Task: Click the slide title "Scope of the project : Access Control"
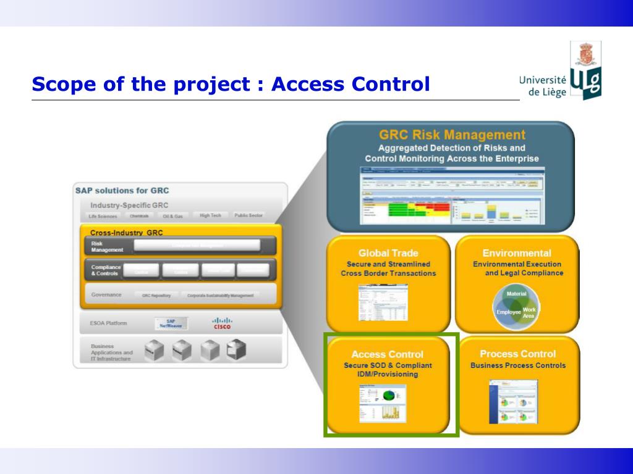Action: point(231,84)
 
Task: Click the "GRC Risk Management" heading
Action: point(452,135)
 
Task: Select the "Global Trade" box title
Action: point(388,253)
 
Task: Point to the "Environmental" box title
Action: point(517,253)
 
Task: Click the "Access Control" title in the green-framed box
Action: point(388,354)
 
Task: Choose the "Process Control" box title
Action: point(517,354)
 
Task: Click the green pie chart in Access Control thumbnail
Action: point(389,394)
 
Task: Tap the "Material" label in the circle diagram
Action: point(517,294)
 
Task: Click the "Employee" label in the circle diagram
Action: point(509,312)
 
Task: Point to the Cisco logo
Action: point(222,323)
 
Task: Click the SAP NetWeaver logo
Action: point(171,323)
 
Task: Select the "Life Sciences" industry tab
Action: point(103,217)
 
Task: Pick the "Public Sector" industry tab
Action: point(249,216)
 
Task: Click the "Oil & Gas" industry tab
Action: point(173,217)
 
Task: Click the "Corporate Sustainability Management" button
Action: point(220,296)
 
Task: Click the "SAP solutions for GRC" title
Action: point(122,191)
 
